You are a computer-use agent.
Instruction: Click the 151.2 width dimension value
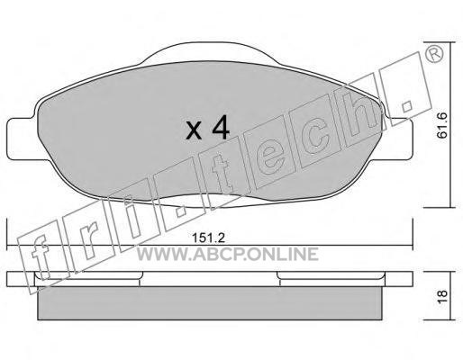[208, 238]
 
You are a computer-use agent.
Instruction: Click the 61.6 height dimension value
[442, 125]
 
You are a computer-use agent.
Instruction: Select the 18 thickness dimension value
[442, 297]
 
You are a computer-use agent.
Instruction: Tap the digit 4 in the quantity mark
[221, 129]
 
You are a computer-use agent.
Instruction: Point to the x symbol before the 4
[194, 132]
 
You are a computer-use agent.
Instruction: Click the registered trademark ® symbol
[434, 54]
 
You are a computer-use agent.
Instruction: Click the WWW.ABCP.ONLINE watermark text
[228, 255]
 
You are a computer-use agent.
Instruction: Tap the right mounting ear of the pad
[398, 139]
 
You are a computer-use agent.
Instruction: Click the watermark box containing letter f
[43, 258]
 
